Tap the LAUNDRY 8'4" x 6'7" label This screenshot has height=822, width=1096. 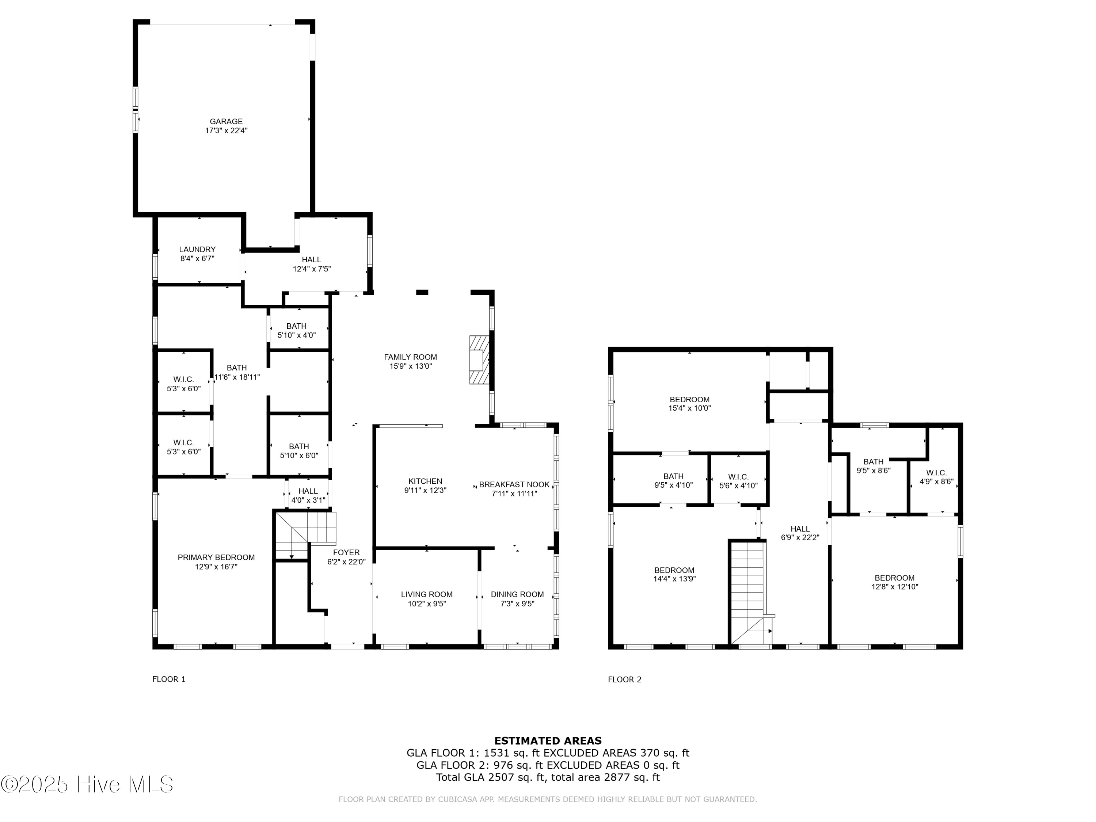pyautogui.click(x=197, y=254)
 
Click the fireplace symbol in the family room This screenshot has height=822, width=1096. pyautogui.click(x=479, y=360)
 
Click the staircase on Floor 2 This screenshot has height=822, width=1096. pyautogui.click(x=748, y=592)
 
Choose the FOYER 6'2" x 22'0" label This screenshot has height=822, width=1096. pyautogui.click(x=346, y=557)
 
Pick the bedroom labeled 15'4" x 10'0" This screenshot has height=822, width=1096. pyautogui.click(x=689, y=404)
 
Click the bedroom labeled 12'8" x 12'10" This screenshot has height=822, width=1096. pyautogui.click(x=894, y=582)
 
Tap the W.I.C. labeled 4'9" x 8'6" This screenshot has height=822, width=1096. pyautogui.click(x=936, y=477)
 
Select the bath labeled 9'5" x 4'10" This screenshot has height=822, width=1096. pyautogui.click(x=673, y=481)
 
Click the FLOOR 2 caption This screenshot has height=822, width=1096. pyautogui.click(x=624, y=679)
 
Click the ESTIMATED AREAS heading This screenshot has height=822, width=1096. pyautogui.click(x=548, y=741)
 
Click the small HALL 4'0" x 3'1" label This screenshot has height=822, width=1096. pyautogui.click(x=308, y=495)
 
